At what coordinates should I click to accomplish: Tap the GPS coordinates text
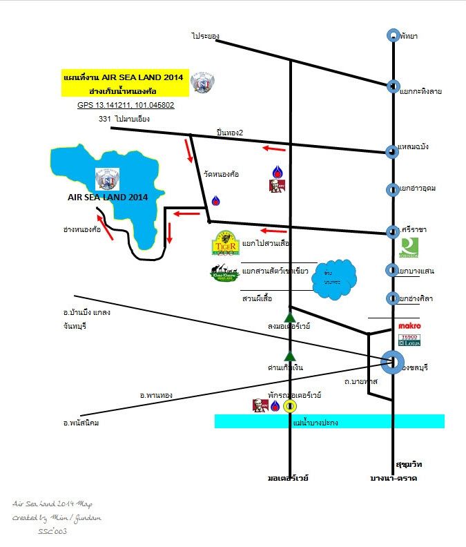[x=126, y=106]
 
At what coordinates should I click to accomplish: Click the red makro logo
[x=409, y=325]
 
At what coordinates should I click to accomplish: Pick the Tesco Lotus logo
[x=409, y=340]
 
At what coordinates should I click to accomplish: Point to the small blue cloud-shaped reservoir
[x=334, y=278]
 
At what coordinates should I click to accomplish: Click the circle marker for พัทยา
[x=392, y=35]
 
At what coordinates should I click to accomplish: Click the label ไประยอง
[x=205, y=35]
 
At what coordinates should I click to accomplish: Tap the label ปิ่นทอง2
[x=230, y=133]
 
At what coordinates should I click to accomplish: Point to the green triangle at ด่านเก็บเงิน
[x=291, y=355]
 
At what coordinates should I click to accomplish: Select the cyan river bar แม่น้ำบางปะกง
[x=329, y=421]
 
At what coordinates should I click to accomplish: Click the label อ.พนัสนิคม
[x=81, y=423]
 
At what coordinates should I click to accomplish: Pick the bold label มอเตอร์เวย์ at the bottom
[x=288, y=477]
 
